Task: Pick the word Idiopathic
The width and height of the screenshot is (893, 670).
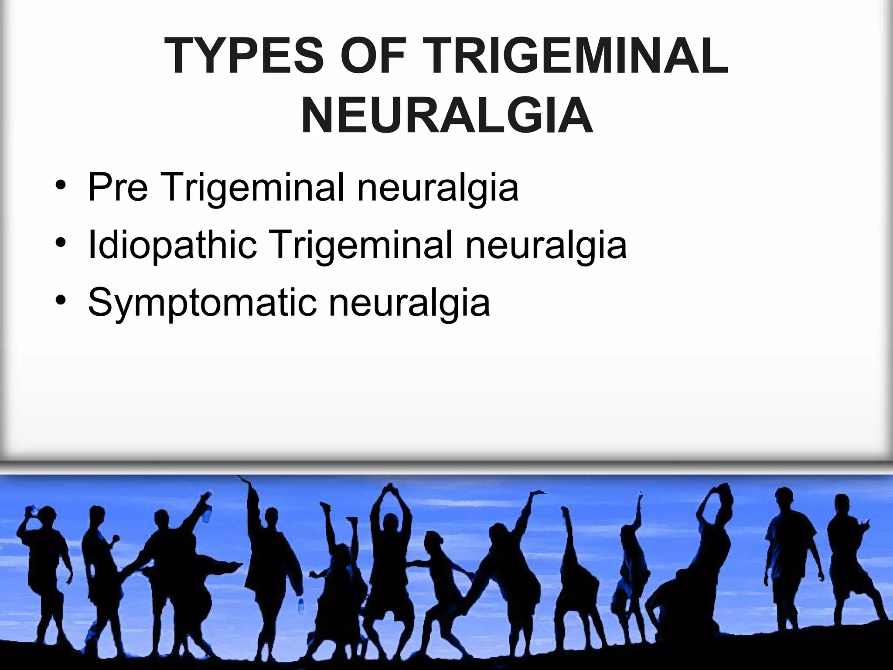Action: (172, 245)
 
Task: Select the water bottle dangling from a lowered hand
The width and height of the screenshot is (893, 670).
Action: (300, 606)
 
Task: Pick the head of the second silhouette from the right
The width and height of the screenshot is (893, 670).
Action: (785, 497)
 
